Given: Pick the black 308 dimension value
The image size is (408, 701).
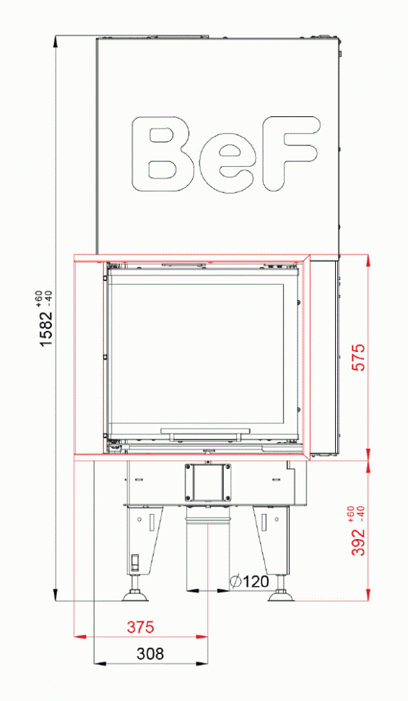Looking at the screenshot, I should coord(150,654).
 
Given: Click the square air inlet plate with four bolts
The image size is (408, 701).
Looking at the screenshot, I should coord(208,481).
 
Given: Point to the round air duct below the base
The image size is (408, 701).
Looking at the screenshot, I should coord(208,549).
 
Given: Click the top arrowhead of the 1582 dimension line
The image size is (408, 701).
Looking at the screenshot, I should coord(56,42).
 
